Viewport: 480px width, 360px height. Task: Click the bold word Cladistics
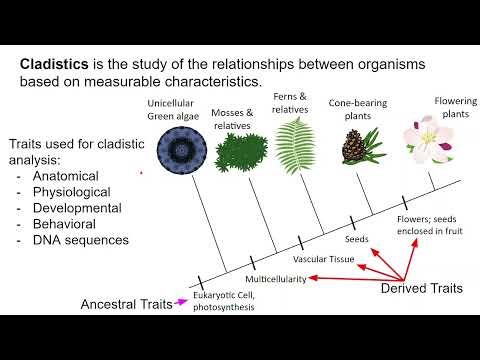point(53,64)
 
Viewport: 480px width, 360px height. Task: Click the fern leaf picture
point(294,145)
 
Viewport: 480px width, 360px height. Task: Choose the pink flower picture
point(423,140)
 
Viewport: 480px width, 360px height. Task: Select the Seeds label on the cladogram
point(357,241)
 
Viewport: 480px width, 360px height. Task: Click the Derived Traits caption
point(422,289)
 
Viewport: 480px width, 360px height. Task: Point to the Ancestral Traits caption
point(128,301)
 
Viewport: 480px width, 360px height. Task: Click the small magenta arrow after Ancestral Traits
point(181,300)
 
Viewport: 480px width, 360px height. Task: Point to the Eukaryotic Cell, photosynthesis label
point(224,302)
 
